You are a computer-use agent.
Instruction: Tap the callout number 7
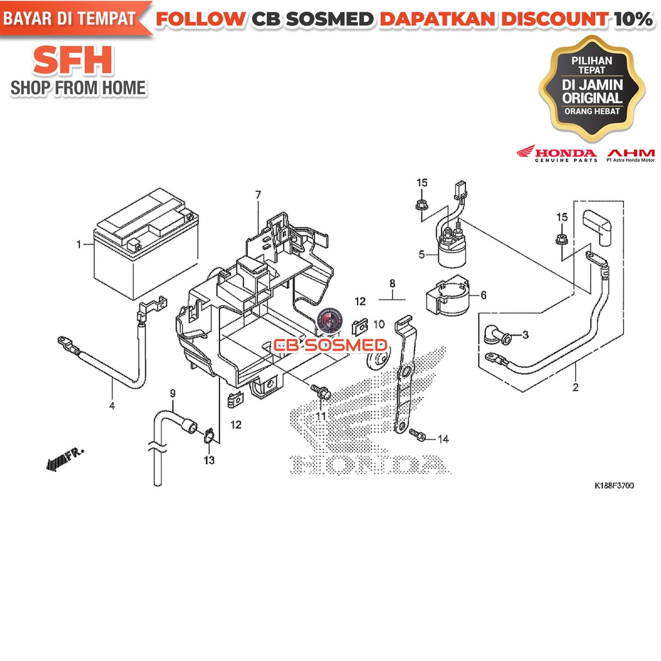click(x=258, y=194)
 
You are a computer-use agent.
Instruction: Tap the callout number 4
click(x=112, y=406)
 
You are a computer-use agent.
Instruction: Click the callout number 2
click(x=575, y=388)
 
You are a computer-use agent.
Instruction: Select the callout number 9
click(x=172, y=392)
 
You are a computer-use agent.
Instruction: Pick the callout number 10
click(x=379, y=323)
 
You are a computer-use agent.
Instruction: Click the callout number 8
click(x=391, y=283)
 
